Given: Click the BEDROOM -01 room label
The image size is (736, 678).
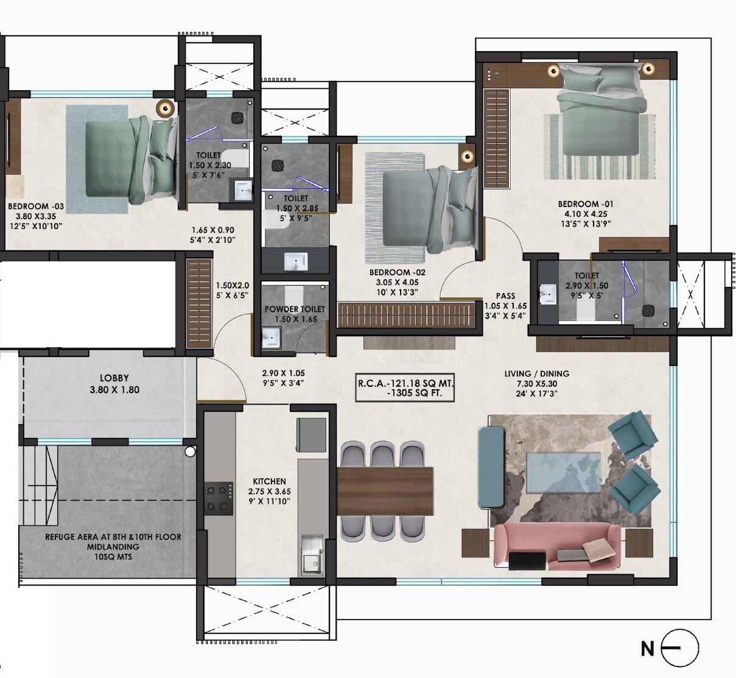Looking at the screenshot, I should click(x=584, y=204).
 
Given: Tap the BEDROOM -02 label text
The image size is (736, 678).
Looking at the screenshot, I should click(x=398, y=272).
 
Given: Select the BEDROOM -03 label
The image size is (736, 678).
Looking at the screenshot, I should click(x=35, y=207).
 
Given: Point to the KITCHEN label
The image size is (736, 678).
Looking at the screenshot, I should click(x=270, y=481).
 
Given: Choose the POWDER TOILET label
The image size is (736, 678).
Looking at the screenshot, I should click(x=295, y=309).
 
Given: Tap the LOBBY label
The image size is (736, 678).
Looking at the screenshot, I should click(x=114, y=378).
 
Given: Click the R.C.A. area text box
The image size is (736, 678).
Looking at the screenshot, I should click(x=405, y=388).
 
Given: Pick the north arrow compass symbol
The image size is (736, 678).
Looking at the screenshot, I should click(x=680, y=648).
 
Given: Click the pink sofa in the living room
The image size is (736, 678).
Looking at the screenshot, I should click(x=556, y=545).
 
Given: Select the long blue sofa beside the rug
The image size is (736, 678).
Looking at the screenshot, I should click(x=492, y=466).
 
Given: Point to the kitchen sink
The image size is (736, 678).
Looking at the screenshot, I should click(x=312, y=553).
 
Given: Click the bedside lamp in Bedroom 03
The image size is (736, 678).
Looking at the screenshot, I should click(x=166, y=109).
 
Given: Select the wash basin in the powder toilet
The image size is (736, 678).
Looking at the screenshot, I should click(x=270, y=336).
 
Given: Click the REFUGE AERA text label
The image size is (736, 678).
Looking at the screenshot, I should click(x=113, y=537).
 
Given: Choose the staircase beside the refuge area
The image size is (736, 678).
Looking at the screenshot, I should click(x=41, y=487).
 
